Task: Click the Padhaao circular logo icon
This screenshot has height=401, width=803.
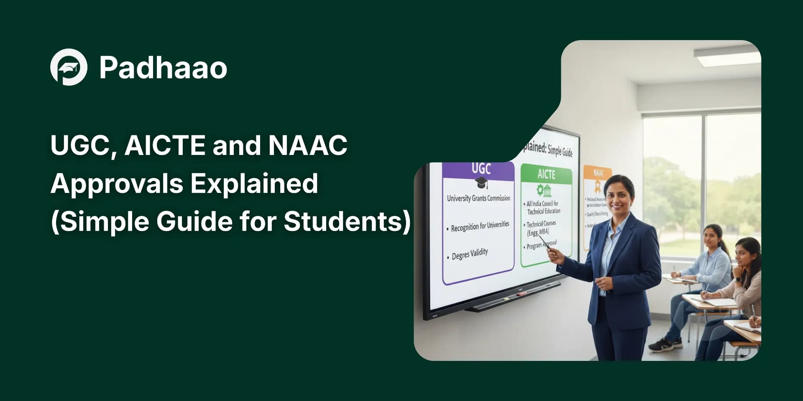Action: coord(69,67)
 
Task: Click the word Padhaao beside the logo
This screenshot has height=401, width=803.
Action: coord(163,68)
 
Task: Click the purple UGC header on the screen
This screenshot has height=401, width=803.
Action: coord(481,169)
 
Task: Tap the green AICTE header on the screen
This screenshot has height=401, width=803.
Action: coord(546,174)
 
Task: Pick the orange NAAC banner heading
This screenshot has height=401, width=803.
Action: coord(598,173)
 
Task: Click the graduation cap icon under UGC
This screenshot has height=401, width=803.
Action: coord(481,183)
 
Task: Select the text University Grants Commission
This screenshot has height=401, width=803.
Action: coord(478,198)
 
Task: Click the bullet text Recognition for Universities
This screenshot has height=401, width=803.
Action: coord(480,226)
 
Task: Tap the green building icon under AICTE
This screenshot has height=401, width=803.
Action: coord(544,190)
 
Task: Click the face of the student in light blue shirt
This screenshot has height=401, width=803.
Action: coord(711,237)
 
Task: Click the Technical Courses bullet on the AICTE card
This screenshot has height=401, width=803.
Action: coord(541,228)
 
